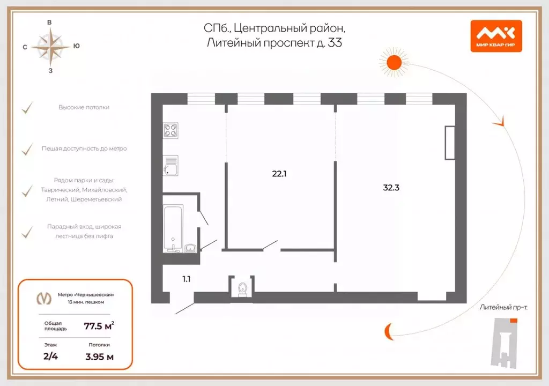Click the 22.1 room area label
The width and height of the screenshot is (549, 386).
click(x=279, y=173)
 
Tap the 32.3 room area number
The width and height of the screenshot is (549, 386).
click(x=392, y=188)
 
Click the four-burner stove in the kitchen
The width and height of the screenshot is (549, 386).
click(x=171, y=130)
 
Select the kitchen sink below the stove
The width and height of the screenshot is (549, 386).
click(x=171, y=166)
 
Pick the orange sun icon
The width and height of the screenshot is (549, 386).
click(x=395, y=62)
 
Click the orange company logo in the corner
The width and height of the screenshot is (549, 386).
click(x=496, y=36)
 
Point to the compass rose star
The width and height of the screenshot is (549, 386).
click(x=50, y=46)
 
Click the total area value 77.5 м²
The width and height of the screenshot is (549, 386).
click(x=99, y=325)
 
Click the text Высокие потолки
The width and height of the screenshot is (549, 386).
click(x=84, y=107)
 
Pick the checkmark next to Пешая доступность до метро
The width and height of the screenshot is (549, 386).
click(x=27, y=149)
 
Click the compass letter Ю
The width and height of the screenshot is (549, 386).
click(x=77, y=46)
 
